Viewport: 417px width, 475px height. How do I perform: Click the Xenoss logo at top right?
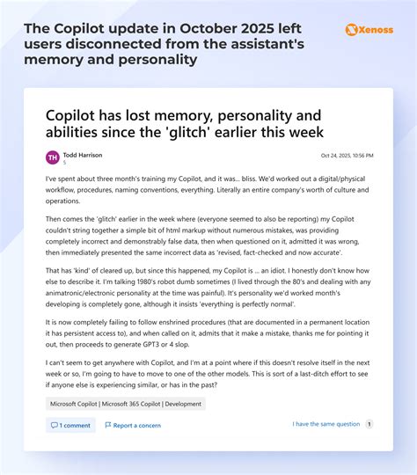(369, 29)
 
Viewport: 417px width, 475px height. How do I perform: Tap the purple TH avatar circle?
(53, 157)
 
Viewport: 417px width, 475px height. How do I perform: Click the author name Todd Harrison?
(83, 155)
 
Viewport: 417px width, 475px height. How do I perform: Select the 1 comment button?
(70, 425)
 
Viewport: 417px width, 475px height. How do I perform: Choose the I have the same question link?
(326, 424)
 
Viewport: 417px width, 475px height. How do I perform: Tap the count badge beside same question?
(369, 424)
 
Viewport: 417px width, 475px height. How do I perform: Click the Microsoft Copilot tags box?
(126, 404)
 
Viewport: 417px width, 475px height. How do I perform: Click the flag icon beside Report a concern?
(108, 425)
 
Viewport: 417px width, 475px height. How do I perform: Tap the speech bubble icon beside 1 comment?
(55, 425)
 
